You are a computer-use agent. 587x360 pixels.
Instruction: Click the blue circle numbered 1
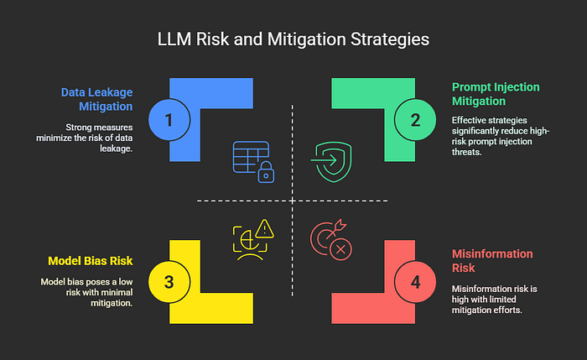point(169,119)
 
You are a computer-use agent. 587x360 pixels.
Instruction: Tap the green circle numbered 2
point(415,119)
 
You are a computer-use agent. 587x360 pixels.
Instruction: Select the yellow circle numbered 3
point(169,281)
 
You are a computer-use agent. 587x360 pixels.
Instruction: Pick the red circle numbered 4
point(415,281)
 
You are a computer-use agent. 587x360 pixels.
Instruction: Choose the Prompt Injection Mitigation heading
point(494,94)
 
